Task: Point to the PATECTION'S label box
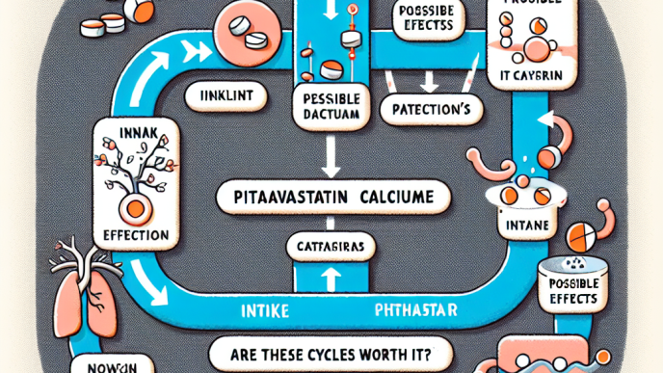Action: coord(426,109)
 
